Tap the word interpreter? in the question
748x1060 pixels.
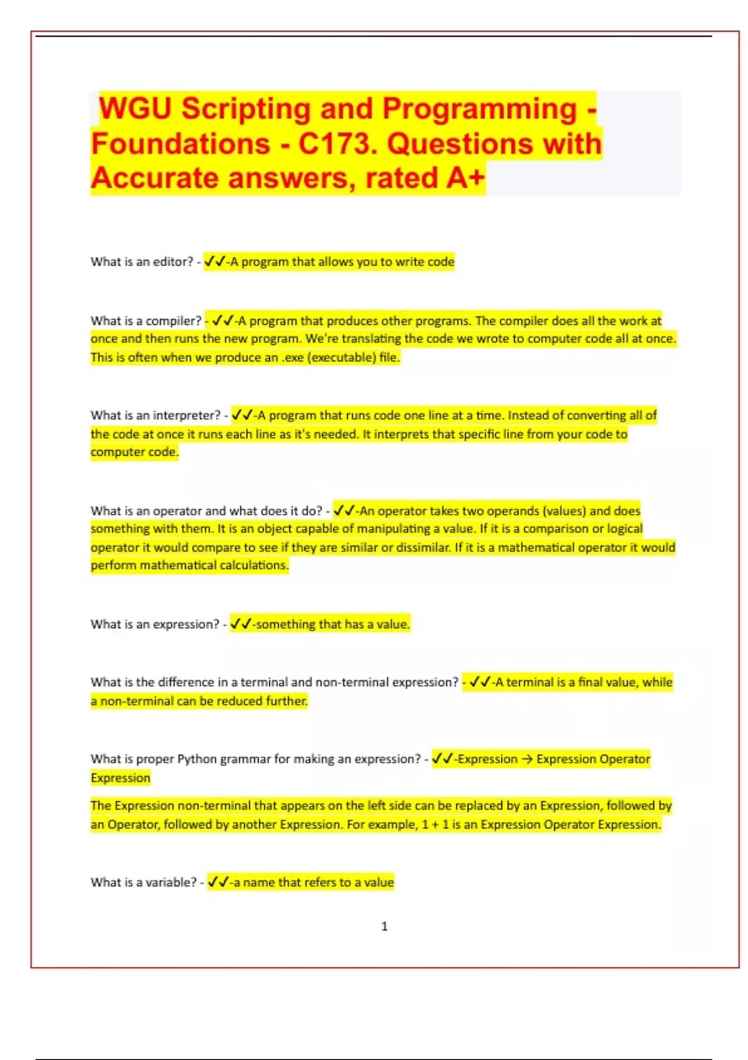pos(187,416)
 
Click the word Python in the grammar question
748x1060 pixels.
pos(197,759)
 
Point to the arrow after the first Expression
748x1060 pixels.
pos(527,759)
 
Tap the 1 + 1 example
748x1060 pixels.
pos(435,825)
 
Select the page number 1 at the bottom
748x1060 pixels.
pos(384,927)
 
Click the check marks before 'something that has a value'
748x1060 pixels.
pos(241,624)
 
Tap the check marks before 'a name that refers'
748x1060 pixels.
pos(218,883)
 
